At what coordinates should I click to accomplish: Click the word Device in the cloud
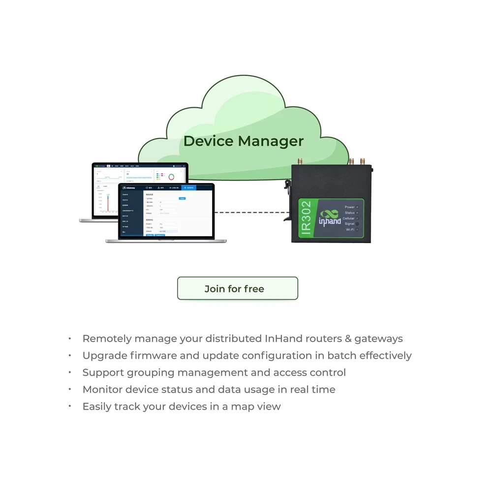coord(208,141)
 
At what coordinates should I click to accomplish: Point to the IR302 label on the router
coord(306,219)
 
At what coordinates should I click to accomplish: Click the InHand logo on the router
coord(330,218)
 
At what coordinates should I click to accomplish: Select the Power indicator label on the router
coord(350,208)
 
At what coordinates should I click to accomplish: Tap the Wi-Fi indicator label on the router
coord(350,229)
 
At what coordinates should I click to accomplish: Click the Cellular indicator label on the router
coord(348,218)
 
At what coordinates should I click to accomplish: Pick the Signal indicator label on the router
coord(349,224)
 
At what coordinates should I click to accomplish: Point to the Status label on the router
coord(350,213)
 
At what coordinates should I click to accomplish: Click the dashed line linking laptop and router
coord(251,213)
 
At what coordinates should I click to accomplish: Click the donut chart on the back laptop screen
coord(172,177)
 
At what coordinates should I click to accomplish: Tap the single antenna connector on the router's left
coord(300,161)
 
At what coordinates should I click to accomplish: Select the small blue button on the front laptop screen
coord(182,198)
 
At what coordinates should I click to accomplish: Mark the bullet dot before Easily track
coord(70,406)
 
